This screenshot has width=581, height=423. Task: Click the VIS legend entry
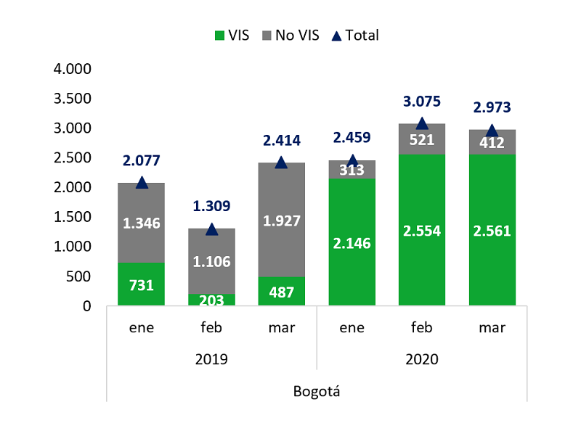232,36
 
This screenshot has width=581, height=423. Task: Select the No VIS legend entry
290,36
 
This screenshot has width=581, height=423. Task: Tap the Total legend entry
355,36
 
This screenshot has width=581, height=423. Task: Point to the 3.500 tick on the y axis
72,99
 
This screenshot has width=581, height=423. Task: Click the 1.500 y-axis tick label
72,217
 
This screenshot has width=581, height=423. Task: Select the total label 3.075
422,102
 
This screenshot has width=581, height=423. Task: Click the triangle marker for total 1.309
211,230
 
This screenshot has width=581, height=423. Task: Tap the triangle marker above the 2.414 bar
281,163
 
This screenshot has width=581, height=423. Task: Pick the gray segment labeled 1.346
141,223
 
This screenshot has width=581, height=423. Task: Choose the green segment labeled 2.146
352,242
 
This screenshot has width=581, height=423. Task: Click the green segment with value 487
281,291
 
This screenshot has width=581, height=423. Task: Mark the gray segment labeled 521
422,139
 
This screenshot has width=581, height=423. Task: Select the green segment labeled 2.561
492,230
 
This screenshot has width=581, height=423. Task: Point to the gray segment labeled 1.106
211,261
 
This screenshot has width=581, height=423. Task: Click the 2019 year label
211,359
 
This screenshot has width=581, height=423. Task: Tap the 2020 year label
422,359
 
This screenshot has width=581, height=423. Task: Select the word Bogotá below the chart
317,392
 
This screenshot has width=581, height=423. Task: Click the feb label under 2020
422,327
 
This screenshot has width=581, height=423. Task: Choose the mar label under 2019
282,328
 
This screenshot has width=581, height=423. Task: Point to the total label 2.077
141,160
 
